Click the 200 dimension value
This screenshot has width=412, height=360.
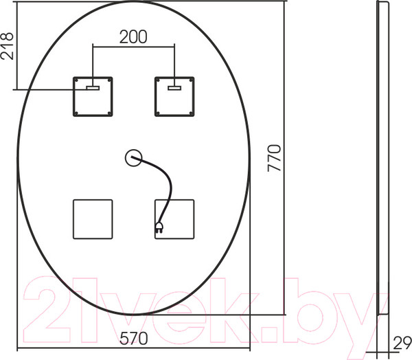tap(133, 37)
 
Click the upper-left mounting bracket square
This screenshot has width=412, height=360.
tap(93, 96)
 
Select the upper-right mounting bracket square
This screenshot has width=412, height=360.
tap(174, 96)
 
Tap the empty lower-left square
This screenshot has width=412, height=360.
tap(93, 218)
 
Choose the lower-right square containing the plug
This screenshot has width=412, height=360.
tap(174, 218)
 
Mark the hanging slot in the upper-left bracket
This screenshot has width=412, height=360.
tap(93, 87)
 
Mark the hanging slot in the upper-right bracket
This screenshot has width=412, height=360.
tap(174, 87)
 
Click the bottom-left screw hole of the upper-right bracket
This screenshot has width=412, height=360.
tap(159, 113)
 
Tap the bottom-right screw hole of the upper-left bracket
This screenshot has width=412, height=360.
tap(108, 113)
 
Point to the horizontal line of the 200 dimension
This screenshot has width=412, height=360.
tap(133, 47)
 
